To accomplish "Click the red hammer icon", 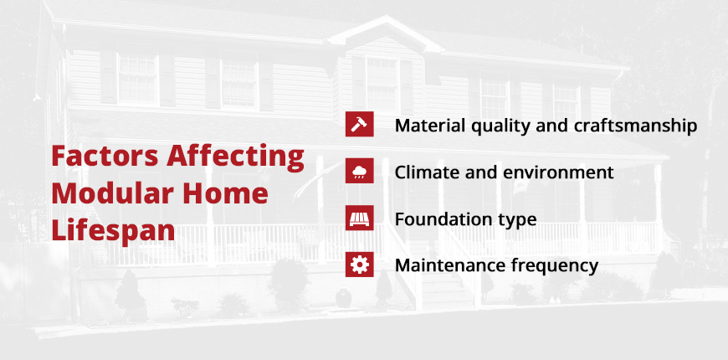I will pyautogui.click(x=359, y=125).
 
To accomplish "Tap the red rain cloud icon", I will pyautogui.click(x=359, y=172).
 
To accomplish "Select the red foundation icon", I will pyautogui.click(x=359, y=219).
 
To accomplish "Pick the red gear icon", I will pyautogui.click(x=359, y=265).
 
